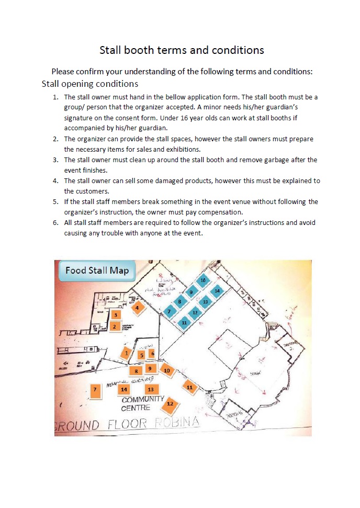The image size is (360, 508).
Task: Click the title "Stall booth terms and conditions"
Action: (182, 50)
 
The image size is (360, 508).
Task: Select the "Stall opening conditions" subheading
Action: (89, 84)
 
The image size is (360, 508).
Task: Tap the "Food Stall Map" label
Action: (97, 270)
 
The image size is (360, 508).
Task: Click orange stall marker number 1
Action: (126, 353)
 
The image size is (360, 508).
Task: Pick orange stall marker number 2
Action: (115, 326)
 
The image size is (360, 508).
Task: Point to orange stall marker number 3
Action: (116, 314)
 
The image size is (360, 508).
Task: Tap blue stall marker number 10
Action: (203, 281)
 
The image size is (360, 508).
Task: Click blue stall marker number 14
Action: (217, 290)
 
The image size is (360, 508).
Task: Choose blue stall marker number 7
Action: (168, 312)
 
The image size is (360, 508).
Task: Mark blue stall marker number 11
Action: (184, 323)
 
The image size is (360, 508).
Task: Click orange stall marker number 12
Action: (170, 404)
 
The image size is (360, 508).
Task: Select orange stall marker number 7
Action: (95, 389)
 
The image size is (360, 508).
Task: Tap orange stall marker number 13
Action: (151, 389)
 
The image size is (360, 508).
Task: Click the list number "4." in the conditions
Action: (55, 181)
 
